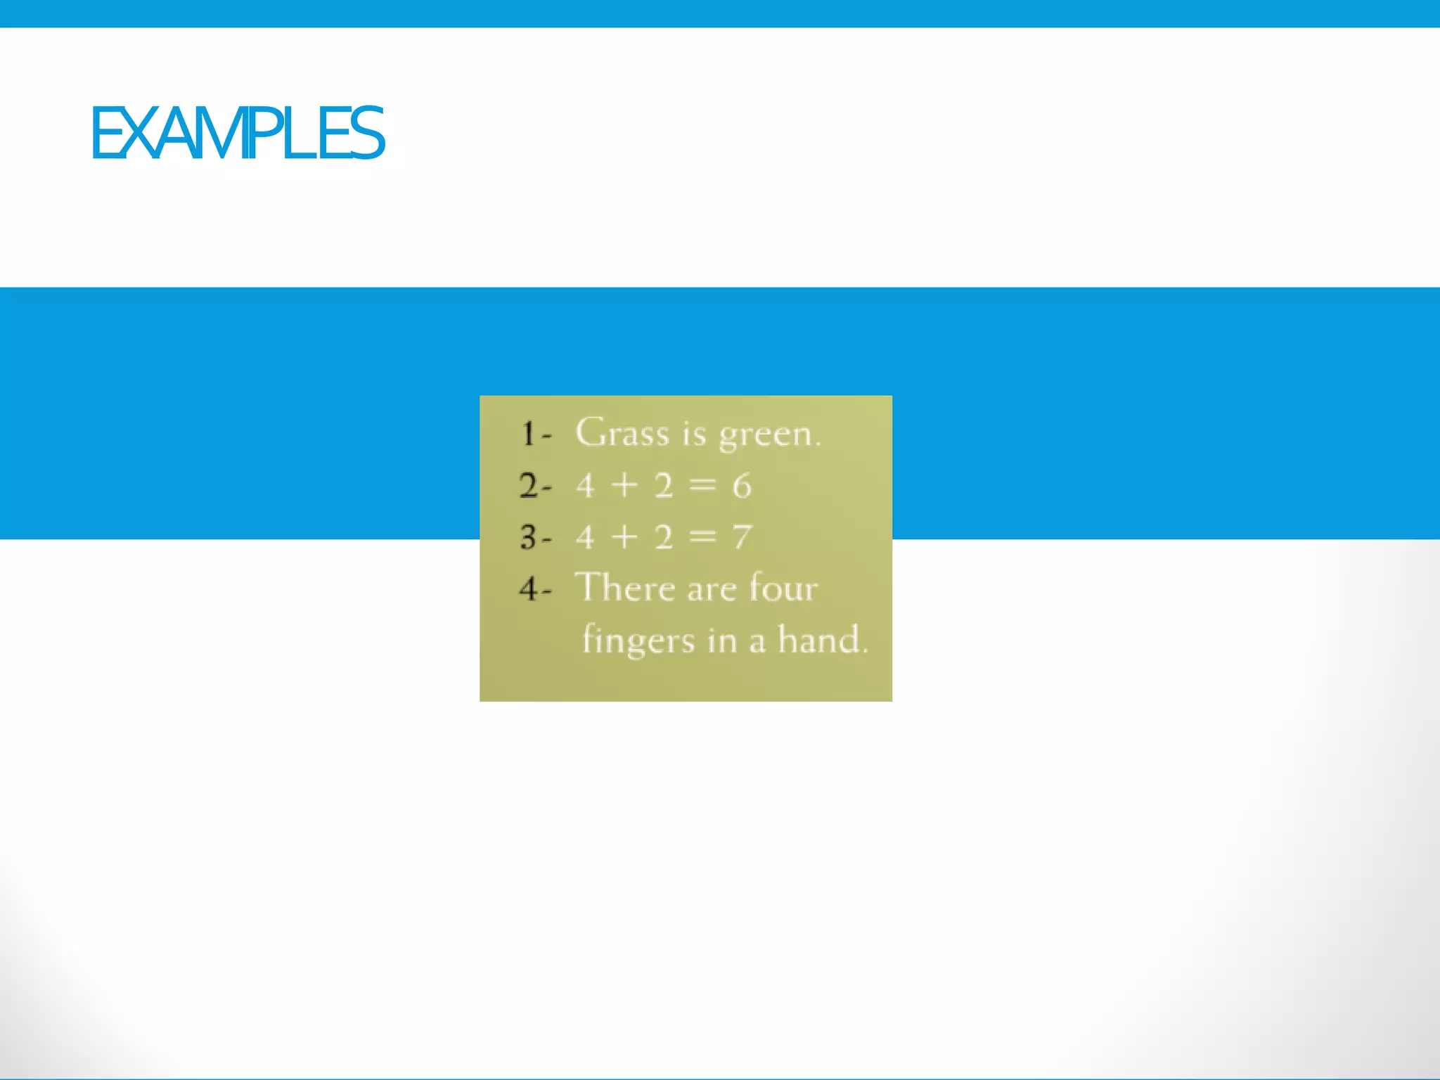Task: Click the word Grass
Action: tap(622, 432)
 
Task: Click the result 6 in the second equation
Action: tap(742, 486)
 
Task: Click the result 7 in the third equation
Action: tap(742, 538)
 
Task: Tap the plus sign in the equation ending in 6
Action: tap(624, 485)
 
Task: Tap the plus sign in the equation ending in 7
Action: tap(624, 537)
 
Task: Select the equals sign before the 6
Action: tap(702, 485)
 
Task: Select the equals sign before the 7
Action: tap(702, 537)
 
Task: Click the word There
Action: tap(625, 587)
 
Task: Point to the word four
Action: tap(783, 587)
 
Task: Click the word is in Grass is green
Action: tap(694, 433)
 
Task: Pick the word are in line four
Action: tap(712, 589)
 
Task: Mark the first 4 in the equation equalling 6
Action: tap(585, 486)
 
